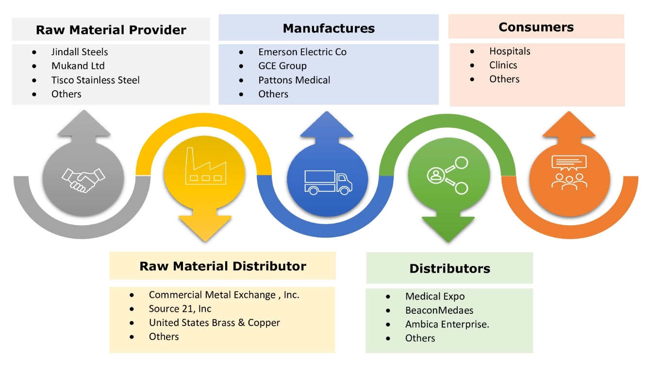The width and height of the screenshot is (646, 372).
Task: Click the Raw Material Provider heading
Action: [x=111, y=30]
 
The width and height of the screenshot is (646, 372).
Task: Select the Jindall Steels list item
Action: [x=80, y=52]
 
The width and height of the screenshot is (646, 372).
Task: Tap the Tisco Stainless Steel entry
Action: [x=95, y=80]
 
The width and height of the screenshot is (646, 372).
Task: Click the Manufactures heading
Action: [x=329, y=29]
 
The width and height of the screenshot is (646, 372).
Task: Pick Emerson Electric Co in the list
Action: [x=302, y=52]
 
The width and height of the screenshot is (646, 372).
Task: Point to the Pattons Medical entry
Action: [x=294, y=80]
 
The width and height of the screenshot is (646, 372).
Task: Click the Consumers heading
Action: [x=536, y=27]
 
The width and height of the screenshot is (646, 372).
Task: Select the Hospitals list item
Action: [x=510, y=51]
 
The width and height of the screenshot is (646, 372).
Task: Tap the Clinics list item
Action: [x=503, y=65]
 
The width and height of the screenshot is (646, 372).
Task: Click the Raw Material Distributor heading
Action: [x=223, y=266]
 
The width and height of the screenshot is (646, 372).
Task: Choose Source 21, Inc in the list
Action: [x=180, y=309]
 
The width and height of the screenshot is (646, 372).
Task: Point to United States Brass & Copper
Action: [x=214, y=323]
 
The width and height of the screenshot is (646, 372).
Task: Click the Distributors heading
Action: [x=449, y=268]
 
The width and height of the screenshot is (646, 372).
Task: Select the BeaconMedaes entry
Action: [x=439, y=310]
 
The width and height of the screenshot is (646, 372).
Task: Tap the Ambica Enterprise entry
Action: [x=447, y=324]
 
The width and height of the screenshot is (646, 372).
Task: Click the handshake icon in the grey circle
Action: [x=83, y=180]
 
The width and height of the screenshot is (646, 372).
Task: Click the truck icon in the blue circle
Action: [x=328, y=182]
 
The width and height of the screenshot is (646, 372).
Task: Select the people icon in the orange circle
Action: [x=569, y=172]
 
